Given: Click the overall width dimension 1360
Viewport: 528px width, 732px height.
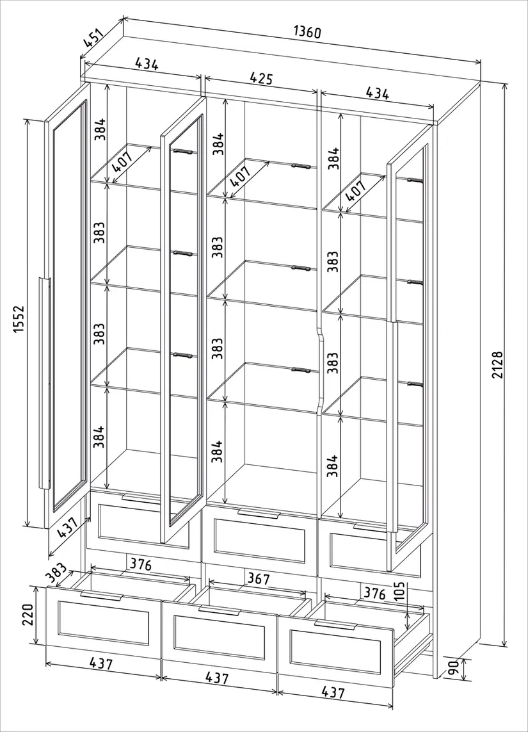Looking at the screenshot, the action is point(307,32).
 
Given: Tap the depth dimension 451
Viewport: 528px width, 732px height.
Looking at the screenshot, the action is point(93,38).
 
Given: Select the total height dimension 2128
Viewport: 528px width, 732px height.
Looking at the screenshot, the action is point(498,364).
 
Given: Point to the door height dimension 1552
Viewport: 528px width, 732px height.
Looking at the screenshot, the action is point(18,320).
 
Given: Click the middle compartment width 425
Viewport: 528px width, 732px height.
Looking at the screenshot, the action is point(261,78).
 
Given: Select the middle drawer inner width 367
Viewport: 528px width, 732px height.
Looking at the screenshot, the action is point(259,580).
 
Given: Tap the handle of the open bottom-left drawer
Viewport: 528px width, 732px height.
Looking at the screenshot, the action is point(100,595).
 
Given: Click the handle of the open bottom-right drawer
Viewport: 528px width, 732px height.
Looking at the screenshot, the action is point(336,626).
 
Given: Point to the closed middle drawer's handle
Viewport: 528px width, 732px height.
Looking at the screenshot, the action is point(259,514).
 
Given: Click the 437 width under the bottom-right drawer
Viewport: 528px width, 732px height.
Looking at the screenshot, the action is point(333,692).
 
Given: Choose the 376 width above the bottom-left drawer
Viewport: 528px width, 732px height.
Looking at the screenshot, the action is point(140,565).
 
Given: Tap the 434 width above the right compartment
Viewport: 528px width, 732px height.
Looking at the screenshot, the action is point(378,93).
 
